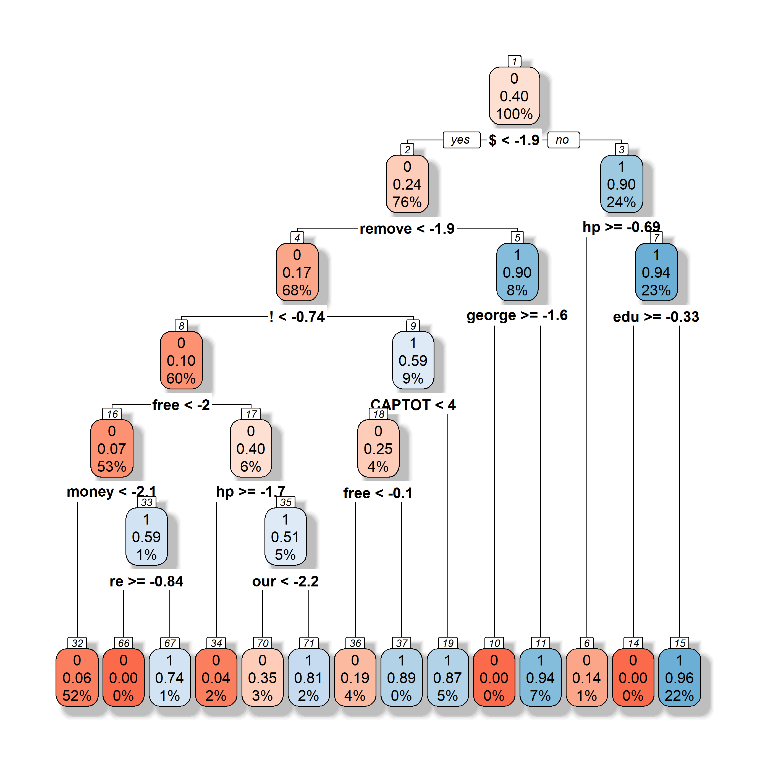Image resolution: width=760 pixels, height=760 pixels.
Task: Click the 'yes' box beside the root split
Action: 461,140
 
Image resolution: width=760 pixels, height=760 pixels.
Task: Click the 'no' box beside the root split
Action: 563,140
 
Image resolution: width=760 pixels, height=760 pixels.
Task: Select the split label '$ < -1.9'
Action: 514,140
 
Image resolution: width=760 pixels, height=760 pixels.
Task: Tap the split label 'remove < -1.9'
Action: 407,229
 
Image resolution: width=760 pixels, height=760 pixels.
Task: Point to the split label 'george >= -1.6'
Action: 517,316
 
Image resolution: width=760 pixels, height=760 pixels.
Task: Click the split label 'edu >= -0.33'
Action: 656,317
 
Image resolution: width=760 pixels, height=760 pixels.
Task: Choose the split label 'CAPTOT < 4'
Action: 413,405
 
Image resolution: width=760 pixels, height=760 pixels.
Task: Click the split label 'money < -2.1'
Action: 111,492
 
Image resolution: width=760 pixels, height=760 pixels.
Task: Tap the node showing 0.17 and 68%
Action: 297,272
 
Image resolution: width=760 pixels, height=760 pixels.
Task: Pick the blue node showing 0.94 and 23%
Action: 656,272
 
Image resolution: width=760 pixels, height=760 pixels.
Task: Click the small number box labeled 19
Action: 448,643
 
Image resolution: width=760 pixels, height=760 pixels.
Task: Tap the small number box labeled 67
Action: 170,643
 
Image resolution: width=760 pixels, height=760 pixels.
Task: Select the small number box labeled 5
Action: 517,238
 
